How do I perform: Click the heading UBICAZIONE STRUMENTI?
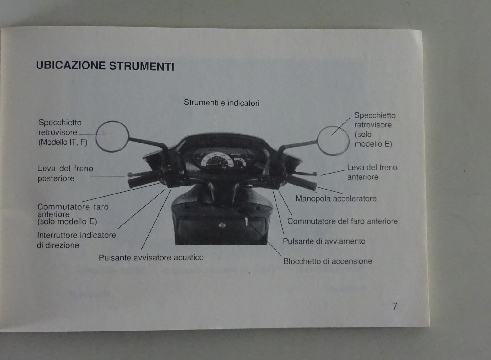click(x=105, y=66)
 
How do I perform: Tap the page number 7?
click(x=395, y=306)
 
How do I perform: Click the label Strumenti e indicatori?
click(x=221, y=103)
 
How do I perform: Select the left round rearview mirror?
click(x=112, y=136)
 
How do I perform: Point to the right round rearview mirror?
click(x=333, y=141)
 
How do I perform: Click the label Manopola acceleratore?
click(x=336, y=198)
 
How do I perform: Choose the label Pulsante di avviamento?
click(x=324, y=241)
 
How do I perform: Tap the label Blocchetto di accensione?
click(x=327, y=261)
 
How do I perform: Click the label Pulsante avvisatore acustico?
click(x=151, y=257)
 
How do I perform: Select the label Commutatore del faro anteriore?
click(x=342, y=221)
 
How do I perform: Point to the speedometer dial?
click(x=216, y=161)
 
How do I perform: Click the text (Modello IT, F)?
click(x=63, y=142)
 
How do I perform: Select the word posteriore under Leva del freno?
click(x=56, y=178)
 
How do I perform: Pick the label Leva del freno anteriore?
click(x=372, y=172)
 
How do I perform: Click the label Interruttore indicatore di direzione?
click(x=76, y=240)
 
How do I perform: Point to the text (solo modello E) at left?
click(x=67, y=221)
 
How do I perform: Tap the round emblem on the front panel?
click(x=222, y=225)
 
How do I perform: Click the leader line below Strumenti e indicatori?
click(x=215, y=121)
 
